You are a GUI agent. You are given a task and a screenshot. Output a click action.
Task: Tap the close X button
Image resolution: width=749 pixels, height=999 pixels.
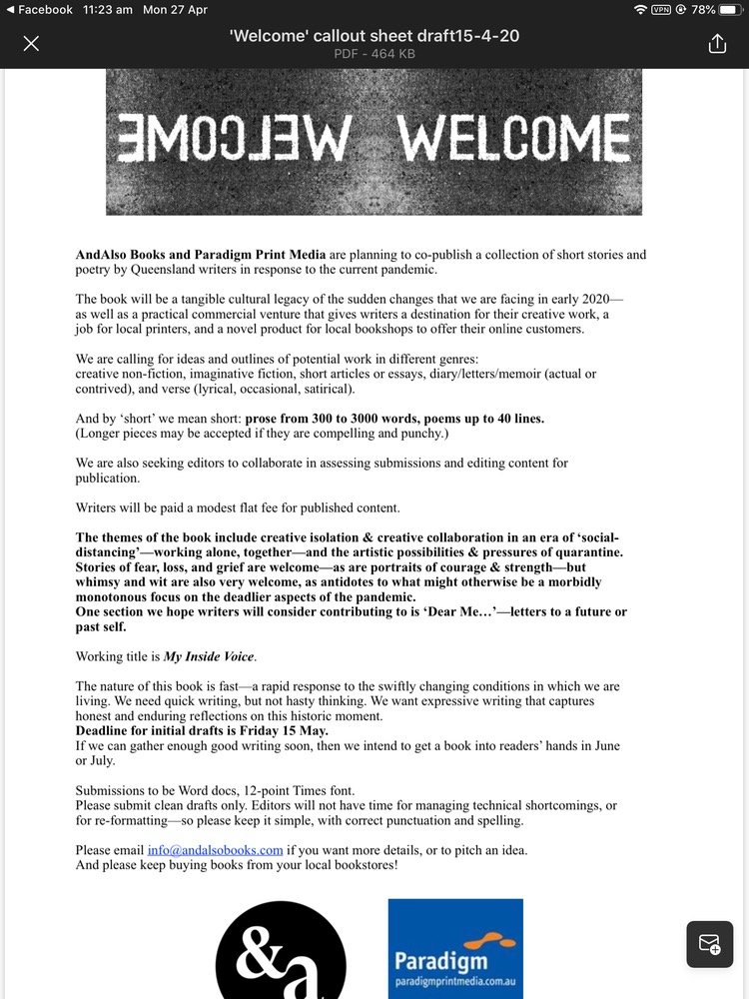click(x=31, y=44)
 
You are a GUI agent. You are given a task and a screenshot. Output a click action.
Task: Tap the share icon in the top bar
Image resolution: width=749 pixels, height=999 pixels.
click(x=716, y=44)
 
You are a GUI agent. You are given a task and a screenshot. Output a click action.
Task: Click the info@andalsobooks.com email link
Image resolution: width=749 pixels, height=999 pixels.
click(x=215, y=850)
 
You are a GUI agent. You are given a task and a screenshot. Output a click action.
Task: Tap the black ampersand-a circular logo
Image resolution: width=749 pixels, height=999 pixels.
click(x=281, y=954)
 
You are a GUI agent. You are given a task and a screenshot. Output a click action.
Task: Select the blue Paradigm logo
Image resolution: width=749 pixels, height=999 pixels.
click(x=454, y=949)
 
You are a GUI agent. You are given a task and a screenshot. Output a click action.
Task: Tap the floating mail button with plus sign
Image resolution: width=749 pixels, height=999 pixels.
click(x=710, y=944)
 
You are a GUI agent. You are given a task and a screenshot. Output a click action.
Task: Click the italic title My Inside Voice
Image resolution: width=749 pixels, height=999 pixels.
click(x=210, y=656)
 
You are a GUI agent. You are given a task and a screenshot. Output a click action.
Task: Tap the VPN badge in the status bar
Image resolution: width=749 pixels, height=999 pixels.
click(x=661, y=9)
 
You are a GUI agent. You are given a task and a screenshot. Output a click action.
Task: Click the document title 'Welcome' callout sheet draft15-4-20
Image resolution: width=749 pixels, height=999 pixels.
click(x=374, y=36)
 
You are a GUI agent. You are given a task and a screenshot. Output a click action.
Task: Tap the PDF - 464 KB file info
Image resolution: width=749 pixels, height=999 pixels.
click(x=374, y=54)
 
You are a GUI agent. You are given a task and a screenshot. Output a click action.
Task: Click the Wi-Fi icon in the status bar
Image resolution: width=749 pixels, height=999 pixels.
click(x=639, y=9)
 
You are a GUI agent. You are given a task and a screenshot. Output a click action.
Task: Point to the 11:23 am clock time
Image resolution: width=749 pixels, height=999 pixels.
click(x=109, y=9)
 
